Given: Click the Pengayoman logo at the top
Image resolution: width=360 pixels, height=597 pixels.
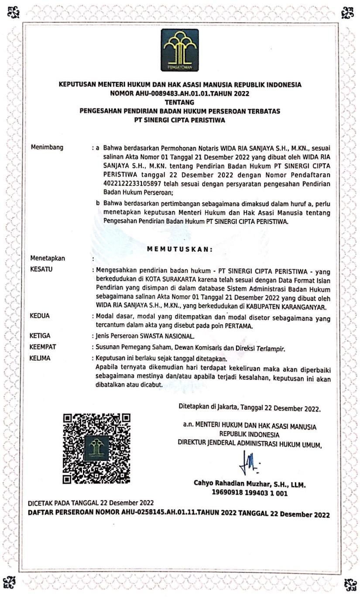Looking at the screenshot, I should (180, 50).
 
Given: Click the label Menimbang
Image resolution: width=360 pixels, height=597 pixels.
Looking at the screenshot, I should (47, 148).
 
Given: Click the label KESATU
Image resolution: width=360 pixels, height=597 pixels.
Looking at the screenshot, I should (42, 270).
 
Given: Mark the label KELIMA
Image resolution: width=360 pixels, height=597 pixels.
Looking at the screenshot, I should (40, 358).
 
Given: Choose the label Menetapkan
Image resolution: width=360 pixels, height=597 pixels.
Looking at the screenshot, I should (48, 258).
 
